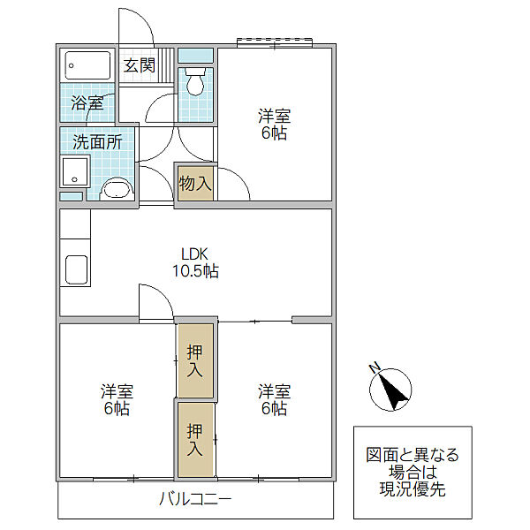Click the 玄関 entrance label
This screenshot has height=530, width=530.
[x=140, y=65]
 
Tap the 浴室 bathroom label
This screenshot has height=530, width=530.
[x=87, y=102]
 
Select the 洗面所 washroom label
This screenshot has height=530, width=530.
[x=97, y=142]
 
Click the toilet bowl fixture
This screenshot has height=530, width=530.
[x=195, y=82]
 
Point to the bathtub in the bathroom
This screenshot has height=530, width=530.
[x=87, y=65]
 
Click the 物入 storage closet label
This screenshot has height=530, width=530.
[x=195, y=184]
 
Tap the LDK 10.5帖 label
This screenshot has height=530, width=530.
[x=195, y=262]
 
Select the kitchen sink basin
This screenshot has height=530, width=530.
[x=76, y=269]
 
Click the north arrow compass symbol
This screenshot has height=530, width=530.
[x=390, y=390]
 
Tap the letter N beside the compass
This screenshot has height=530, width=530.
[x=375, y=367]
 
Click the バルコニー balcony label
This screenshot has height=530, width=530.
[x=195, y=499]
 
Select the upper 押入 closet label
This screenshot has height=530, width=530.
[x=195, y=361]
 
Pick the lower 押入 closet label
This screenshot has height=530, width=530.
[x=195, y=439]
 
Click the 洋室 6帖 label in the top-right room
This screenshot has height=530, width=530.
[x=274, y=124]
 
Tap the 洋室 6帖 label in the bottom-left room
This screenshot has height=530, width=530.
[x=117, y=399]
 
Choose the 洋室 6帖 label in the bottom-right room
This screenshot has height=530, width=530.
[x=274, y=399]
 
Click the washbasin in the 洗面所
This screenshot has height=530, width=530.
[x=117, y=190]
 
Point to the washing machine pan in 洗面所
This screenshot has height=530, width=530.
[x=75, y=171]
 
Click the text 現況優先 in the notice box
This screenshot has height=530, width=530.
[x=413, y=488]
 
